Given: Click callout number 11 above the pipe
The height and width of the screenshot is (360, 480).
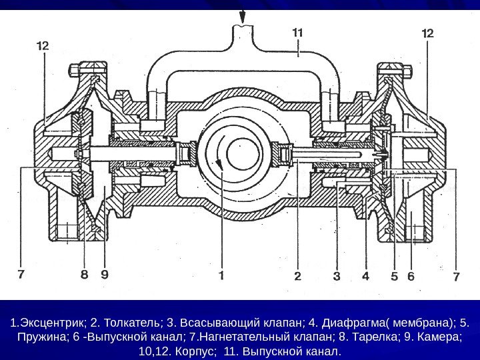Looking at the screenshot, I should click(298, 31).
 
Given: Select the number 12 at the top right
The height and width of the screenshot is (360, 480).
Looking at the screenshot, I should click(428, 32).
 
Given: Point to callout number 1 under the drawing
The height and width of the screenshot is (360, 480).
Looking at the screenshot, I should click(221, 274).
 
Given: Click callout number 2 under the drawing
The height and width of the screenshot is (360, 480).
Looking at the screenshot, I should click(297, 274).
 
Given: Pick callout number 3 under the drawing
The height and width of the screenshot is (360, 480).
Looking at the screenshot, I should click(337, 274).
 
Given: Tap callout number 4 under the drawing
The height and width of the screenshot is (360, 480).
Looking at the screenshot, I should click(365, 274).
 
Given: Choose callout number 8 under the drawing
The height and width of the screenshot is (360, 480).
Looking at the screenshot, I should click(85, 274).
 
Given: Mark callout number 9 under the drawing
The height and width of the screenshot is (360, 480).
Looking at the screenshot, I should click(105, 274).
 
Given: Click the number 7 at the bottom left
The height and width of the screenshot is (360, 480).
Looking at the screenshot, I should click(22, 274).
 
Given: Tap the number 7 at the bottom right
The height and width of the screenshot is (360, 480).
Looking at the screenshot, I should click(457, 274).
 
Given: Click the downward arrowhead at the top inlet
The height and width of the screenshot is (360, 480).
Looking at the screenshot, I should click(243, 16).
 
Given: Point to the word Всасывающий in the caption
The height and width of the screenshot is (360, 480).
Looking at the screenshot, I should click(201, 325).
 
